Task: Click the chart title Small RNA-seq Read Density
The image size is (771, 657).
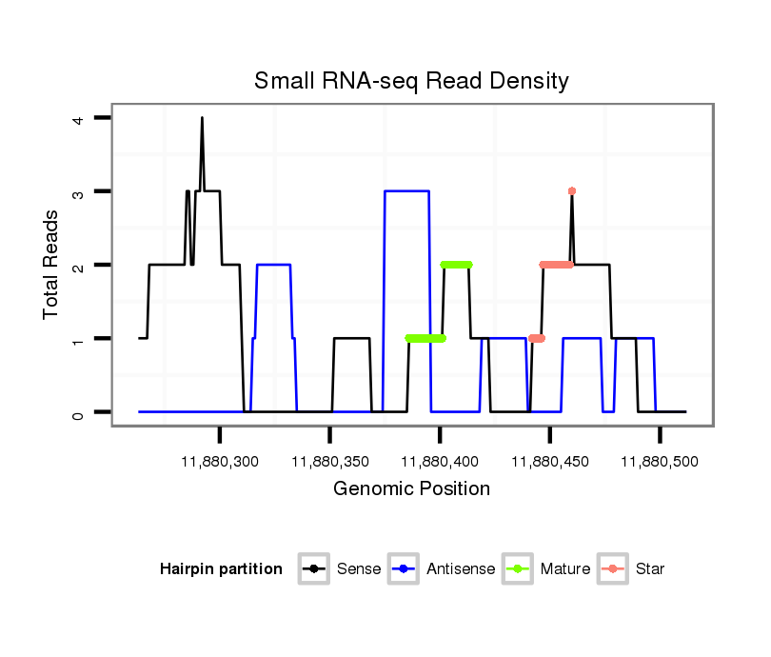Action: pos(411,81)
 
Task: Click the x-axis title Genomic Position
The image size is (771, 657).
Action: pos(411,489)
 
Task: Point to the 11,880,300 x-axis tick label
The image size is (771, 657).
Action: pos(219,462)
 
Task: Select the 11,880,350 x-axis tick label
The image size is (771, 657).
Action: pos(329,462)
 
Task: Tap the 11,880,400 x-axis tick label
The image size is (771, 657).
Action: pos(440,462)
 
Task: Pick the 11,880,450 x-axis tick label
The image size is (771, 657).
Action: pos(550,462)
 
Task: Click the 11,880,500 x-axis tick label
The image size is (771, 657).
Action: pos(660,462)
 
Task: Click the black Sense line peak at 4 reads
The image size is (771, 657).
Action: pos(202,118)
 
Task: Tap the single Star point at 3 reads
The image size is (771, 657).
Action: pos(572,191)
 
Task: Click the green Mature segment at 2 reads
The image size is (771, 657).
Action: pos(456,265)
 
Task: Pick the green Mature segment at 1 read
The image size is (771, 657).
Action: pos(425,338)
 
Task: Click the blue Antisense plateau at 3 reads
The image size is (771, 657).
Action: pos(406,191)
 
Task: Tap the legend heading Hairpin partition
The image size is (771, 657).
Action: pos(221,569)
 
